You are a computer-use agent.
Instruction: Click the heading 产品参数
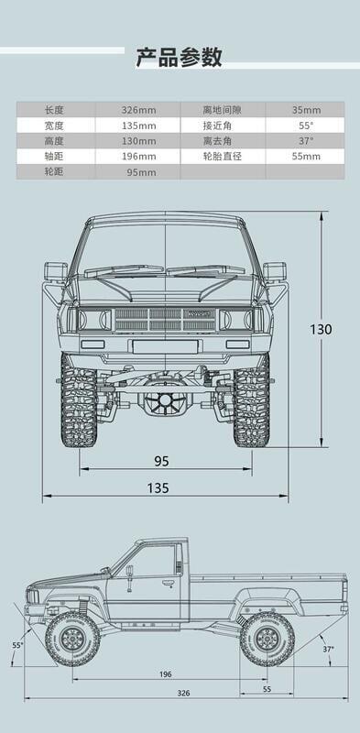point(179,57)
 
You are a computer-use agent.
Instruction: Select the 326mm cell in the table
point(138,110)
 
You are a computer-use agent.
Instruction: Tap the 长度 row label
point(53,110)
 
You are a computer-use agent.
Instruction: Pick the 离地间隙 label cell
point(222,110)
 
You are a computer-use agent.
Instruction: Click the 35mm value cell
point(306,110)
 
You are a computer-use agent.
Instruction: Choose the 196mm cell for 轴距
point(138,156)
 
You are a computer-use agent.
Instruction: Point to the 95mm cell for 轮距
point(141,172)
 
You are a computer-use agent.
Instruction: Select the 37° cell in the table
point(306,141)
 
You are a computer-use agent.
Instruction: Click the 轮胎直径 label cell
point(222,156)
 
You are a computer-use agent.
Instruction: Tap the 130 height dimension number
point(321,330)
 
